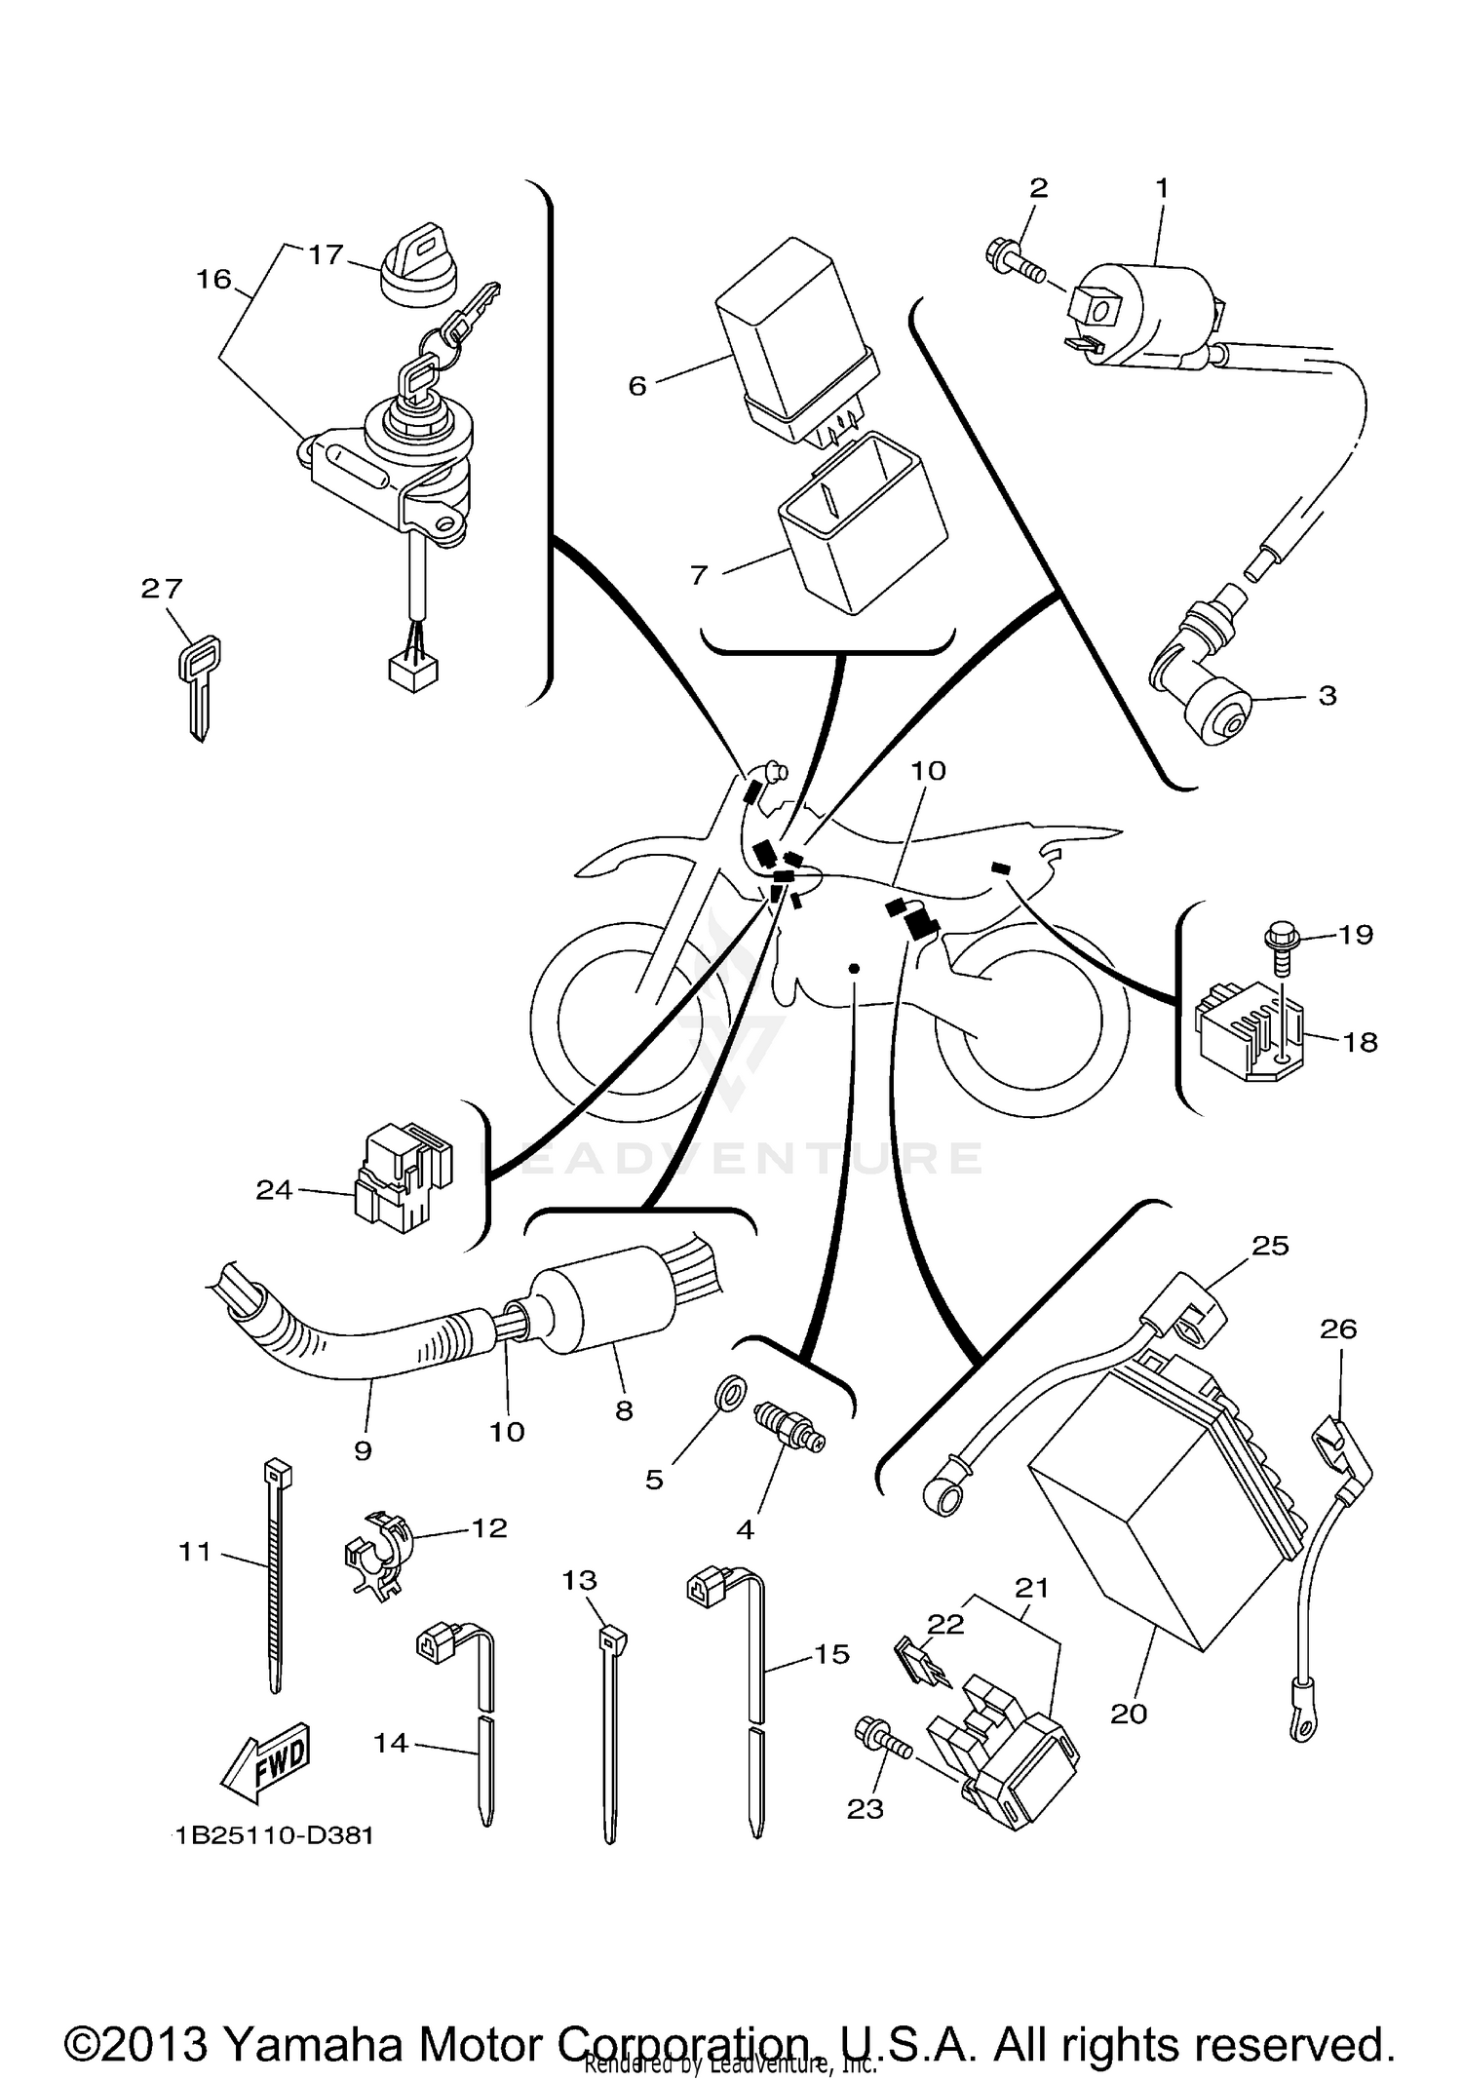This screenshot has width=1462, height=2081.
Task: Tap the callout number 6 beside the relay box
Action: (x=636, y=386)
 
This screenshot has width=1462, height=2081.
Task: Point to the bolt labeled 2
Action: (x=1014, y=262)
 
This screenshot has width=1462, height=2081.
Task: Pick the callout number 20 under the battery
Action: (x=1129, y=1713)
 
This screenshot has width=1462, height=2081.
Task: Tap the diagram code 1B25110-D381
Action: (x=275, y=1835)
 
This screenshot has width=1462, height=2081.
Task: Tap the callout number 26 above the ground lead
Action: (x=1338, y=1329)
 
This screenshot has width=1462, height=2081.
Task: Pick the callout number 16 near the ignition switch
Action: (x=213, y=280)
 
